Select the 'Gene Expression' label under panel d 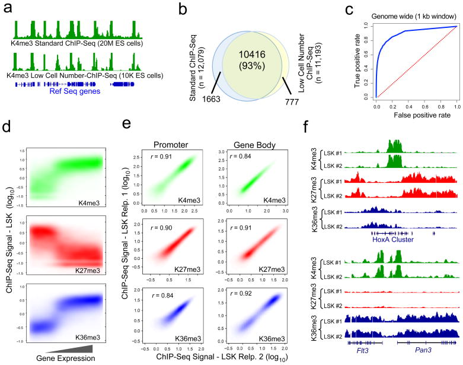[x=66, y=358]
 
